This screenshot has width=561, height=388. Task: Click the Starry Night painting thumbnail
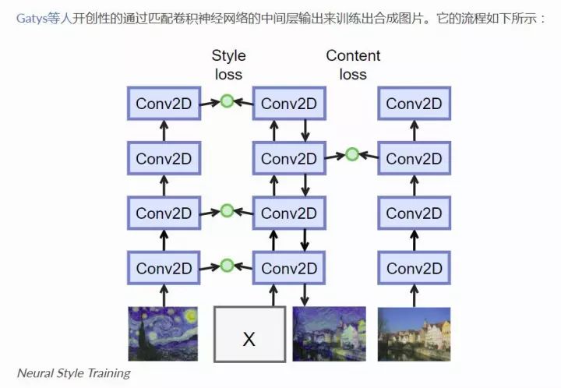163,334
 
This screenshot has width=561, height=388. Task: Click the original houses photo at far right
414,334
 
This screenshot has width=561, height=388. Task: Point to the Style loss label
228,65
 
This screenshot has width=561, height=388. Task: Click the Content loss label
353,65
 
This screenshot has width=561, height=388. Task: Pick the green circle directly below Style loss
227,101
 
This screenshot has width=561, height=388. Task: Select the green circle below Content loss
352,154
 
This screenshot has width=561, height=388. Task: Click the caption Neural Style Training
73,372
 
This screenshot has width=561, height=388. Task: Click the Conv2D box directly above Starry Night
164,268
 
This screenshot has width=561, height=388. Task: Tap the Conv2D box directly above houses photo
414,268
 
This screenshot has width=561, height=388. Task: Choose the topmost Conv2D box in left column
164,104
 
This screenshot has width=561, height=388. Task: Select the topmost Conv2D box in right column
414,104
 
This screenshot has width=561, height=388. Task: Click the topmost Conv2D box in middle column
289,104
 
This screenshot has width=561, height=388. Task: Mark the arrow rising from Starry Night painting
164,296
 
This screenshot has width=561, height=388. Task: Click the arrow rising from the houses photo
414,296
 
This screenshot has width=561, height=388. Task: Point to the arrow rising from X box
273,296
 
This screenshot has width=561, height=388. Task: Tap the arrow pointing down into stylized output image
305,296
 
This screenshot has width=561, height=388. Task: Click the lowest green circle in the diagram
227,266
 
